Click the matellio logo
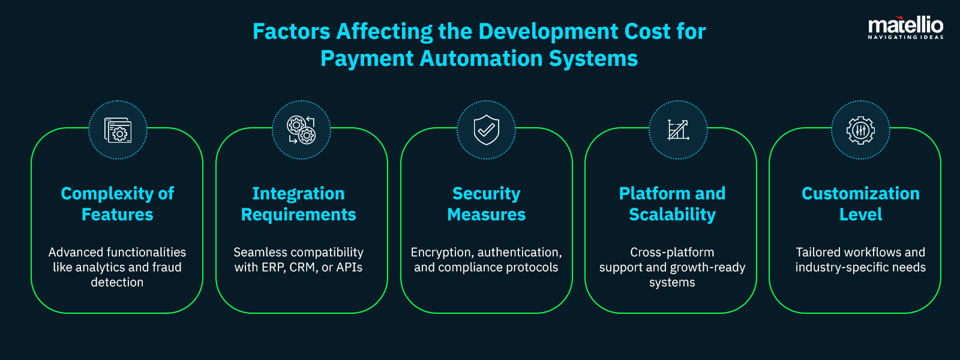coord(905,26)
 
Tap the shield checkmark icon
coord(486,130)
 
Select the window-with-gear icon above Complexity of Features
coord(118,130)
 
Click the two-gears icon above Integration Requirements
coord(301,130)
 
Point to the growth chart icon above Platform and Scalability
coord(678,130)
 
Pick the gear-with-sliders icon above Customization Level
coord(860,130)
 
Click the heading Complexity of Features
coord(118,204)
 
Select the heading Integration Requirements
coord(298,204)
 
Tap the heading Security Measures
coord(486,204)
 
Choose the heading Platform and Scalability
coord(672,204)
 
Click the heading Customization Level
coord(860,204)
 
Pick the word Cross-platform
coord(672,253)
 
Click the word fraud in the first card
coord(167,268)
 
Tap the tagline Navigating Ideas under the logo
coord(905,38)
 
